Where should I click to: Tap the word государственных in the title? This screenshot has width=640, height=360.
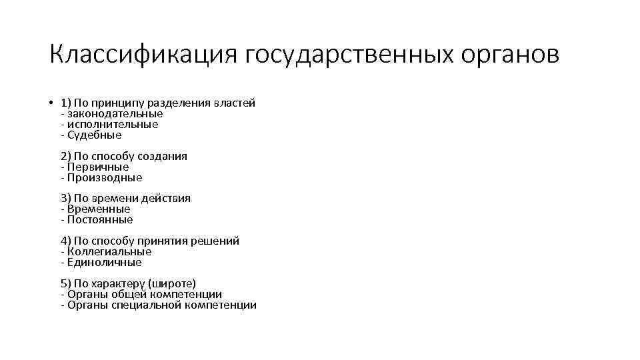pyautogui.click(x=349, y=55)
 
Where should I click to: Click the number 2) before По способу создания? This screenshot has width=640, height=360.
pyautogui.click(x=65, y=156)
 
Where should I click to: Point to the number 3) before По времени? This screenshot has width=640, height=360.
pyautogui.click(x=65, y=198)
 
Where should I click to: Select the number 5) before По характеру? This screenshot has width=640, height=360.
pyautogui.click(x=65, y=283)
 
